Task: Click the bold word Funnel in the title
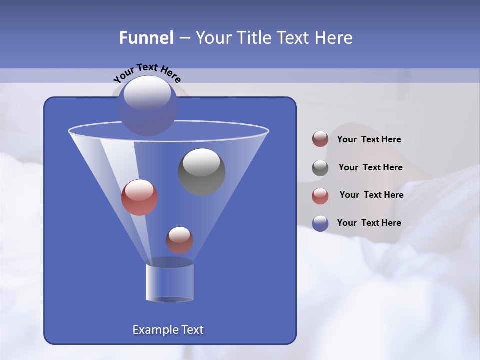146,37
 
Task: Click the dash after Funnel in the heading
184,38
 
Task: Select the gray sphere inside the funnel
201,171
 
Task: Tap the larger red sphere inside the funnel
139,197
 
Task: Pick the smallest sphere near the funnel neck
179,240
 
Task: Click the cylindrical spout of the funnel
169,283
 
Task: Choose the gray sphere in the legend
320,168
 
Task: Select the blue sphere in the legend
320,223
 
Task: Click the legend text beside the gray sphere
370,167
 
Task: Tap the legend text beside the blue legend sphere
369,223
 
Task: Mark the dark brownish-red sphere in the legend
320,139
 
